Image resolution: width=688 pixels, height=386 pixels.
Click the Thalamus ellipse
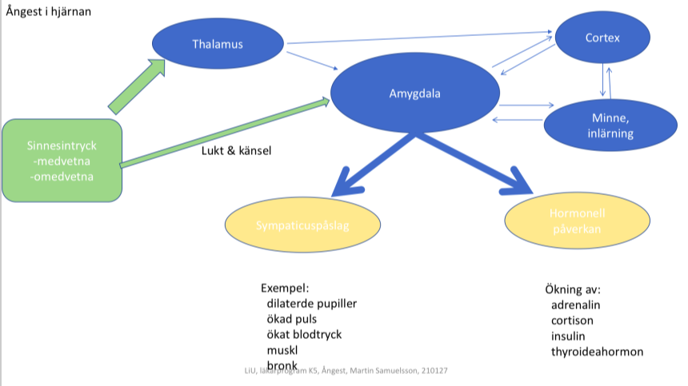point(218,44)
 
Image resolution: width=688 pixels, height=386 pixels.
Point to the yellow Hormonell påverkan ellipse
point(571,221)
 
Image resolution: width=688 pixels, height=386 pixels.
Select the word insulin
point(569,336)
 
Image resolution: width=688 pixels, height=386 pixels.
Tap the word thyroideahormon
point(597,352)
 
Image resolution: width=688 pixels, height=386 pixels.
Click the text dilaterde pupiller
point(312,304)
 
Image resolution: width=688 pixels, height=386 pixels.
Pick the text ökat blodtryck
point(304,335)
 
